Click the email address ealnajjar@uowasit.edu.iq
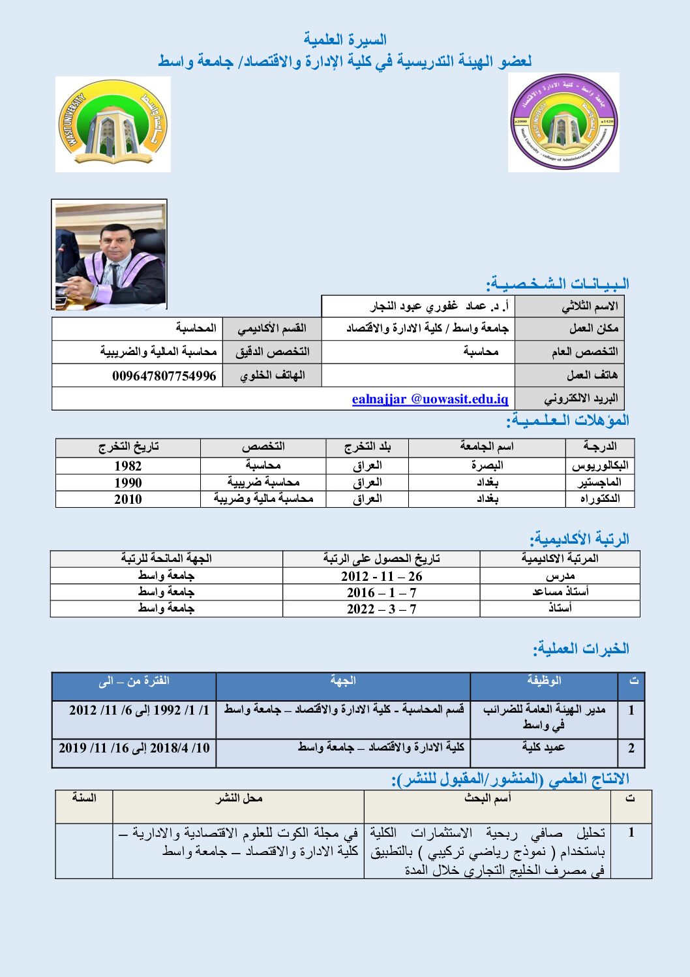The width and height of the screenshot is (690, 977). pos(430,399)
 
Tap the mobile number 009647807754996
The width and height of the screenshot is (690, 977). pos(164,376)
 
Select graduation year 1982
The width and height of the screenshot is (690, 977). pos(128,465)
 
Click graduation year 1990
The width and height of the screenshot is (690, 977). pos(128,482)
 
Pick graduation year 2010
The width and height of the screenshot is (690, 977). pos(128,499)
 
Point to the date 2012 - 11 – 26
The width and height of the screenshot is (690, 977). pos(382,576)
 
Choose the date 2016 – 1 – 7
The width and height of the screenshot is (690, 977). pos(382,593)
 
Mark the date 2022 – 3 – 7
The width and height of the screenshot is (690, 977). pos(382,609)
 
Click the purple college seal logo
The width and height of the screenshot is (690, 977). pos(563,122)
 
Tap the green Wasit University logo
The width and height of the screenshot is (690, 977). pos(113,124)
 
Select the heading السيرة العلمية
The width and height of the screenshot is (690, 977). pos(345,40)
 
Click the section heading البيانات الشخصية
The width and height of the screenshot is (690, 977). pos(558,284)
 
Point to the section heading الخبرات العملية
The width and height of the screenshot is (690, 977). pos(581,649)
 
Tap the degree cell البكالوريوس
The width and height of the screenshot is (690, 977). pos(600,465)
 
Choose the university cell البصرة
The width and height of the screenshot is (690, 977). pos(487,465)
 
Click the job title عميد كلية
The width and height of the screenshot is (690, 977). pos(543,747)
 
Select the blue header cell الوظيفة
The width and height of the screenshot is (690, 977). pos(544,681)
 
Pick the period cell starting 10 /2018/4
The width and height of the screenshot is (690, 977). pos(134,748)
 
